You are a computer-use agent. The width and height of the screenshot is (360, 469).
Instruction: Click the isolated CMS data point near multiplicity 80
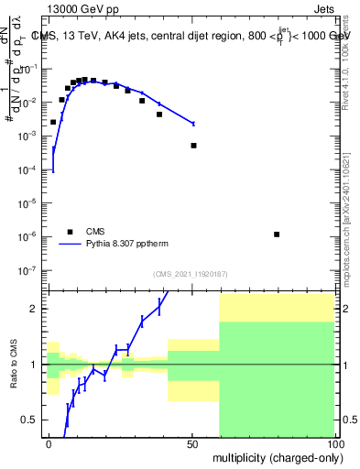click(277, 234)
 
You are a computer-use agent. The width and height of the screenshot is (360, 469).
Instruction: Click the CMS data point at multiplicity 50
click(193, 146)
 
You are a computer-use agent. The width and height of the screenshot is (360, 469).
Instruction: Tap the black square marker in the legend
click(70, 232)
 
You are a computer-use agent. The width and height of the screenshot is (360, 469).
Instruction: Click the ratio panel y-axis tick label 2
click(35, 309)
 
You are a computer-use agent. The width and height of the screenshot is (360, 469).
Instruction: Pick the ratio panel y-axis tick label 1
click(35, 365)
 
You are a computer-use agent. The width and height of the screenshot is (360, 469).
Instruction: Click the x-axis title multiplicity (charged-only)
click(274, 456)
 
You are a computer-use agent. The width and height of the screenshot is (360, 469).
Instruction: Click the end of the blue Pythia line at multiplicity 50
click(193, 123)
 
